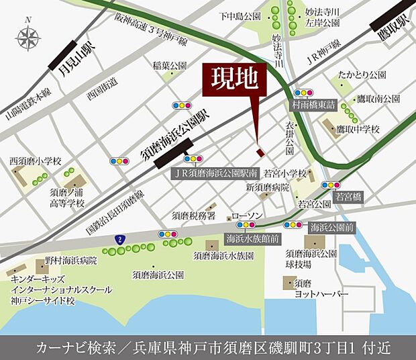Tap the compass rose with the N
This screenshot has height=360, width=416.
click(x=28, y=38)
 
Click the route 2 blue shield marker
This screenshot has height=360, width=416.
click(x=119, y=238)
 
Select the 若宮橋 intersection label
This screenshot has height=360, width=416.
click(x=348, y=197)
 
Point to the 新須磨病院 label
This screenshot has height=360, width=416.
click(x=267, y=187)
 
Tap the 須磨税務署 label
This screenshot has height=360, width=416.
click(x=193, y=216)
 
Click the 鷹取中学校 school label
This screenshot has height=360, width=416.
click(x=358, y=128)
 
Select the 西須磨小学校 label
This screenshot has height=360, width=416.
click(x=35, y=161)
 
